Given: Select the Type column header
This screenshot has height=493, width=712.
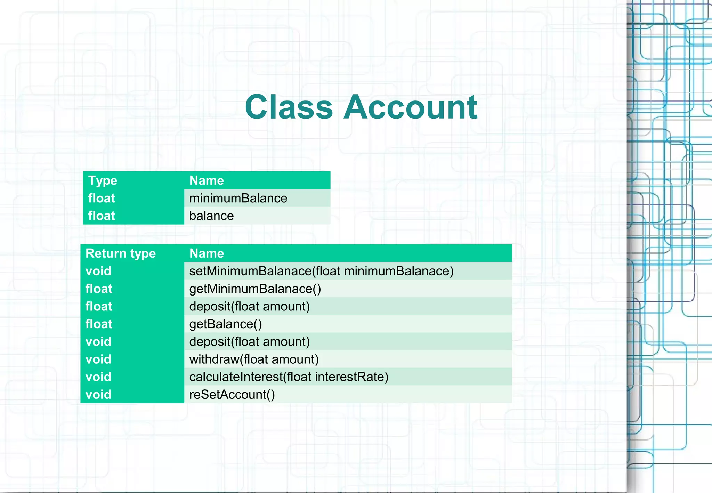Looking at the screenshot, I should pos(103,180).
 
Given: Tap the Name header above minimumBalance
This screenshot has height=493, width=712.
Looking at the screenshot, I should pos(207,180).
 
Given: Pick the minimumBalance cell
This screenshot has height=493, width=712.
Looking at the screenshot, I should pos(238,198).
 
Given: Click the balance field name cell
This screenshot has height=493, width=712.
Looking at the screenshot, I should pos(211,216).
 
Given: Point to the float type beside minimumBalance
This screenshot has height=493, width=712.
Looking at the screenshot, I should pos(102,198).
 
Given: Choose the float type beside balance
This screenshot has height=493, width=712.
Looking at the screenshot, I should pos(102,216).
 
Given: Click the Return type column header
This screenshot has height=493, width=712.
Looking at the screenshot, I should pos(121,253).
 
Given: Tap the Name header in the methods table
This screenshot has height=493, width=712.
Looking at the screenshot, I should pos(207,253).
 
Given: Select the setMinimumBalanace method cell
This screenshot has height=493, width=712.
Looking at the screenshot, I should pos(321,271).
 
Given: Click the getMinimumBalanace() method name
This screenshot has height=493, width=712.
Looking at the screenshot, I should pos(255,289).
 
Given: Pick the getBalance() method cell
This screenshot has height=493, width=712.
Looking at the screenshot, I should pos(226,324).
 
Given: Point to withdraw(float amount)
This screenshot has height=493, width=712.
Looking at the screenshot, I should pos(254,359).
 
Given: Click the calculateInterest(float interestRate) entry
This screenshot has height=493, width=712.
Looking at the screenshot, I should pos(289,377).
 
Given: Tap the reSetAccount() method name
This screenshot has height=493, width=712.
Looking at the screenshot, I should pos(232,395).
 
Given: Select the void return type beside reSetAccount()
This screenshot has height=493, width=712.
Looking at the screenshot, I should pos(98,395).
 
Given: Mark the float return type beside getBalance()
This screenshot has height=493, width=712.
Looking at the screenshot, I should pos(99,324).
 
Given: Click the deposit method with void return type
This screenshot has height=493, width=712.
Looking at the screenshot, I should pos(249,342).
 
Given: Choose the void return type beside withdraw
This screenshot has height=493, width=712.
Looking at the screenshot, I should pos(98,359).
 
